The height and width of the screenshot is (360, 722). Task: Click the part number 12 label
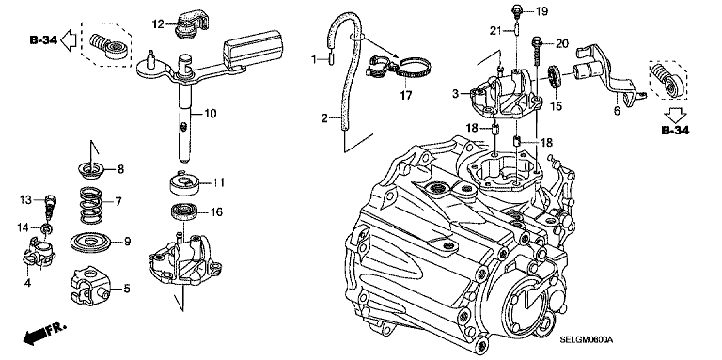point(158,23)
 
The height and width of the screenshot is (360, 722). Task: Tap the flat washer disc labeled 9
point(90,243)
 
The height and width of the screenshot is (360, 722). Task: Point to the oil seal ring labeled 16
point(184,212)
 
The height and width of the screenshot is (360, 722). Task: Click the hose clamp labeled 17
point(399,68)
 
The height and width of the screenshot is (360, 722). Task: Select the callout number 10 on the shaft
point(211,113)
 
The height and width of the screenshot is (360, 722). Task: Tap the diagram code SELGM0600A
point(587,339)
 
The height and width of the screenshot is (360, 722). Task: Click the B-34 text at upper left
point(43,40)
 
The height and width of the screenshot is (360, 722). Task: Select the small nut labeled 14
point(46,227)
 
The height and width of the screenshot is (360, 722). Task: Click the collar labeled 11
point(184,183)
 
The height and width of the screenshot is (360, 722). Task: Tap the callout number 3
point(455,94)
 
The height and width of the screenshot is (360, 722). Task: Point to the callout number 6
point(618,111)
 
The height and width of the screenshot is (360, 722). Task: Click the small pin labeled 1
point(331,60)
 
